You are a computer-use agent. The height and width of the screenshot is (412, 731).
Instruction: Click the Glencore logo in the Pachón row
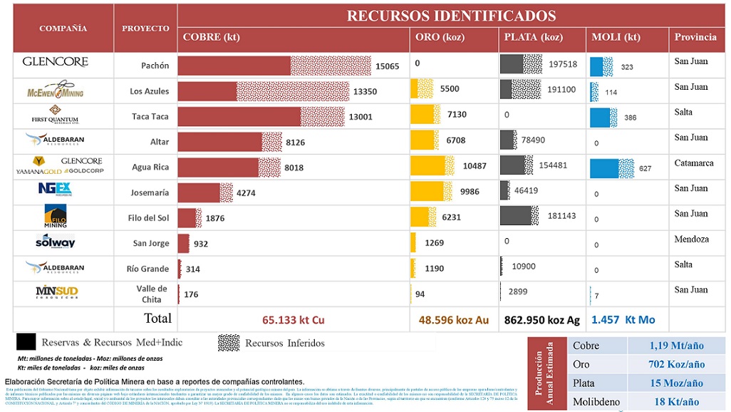55,62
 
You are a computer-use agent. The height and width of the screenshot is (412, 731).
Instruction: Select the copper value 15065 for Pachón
388,66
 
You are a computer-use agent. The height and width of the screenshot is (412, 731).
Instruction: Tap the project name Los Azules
149,91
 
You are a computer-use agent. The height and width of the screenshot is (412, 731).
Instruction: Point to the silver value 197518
563,64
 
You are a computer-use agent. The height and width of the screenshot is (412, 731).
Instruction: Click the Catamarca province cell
694,163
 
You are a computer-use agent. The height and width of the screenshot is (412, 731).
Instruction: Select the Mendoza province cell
692,240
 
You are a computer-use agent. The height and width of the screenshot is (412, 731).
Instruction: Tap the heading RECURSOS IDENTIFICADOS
451,16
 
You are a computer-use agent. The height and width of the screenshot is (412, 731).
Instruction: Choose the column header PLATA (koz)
533,38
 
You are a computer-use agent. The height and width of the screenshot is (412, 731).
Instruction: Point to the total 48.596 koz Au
453,320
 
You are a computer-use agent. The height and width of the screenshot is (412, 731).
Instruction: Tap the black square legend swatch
26,343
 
